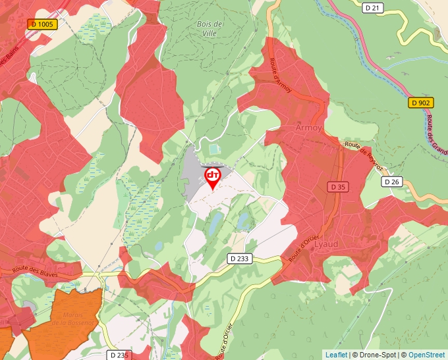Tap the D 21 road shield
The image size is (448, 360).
coord(373,8)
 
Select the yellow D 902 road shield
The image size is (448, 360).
coord(420,103)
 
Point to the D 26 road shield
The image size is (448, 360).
coord(391,182)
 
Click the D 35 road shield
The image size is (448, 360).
coord(337,188)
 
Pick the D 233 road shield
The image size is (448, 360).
coord(239,259)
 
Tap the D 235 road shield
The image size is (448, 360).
coord(120,355)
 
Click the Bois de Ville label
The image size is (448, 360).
coord(210,28)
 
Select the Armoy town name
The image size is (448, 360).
coord(309,128)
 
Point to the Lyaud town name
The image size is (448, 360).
coord(328,243)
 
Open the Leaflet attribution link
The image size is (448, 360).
coord(336,355)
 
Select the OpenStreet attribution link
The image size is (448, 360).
coord(426,355)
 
